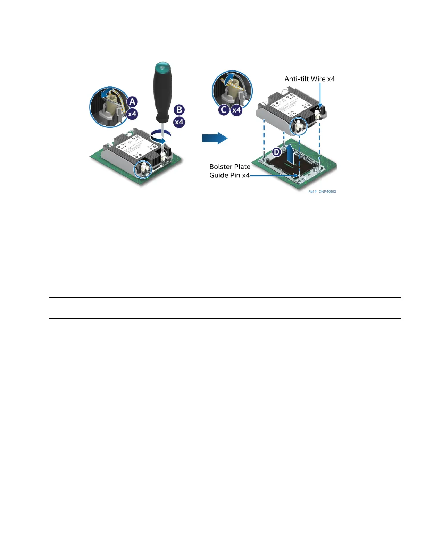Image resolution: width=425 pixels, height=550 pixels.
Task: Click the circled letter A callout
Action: tap(132, 102)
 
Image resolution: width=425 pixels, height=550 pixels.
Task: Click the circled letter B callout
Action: tap(179, 110)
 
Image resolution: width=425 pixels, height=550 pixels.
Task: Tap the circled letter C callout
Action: tap(224, 110)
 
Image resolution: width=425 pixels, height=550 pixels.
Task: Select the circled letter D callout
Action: tap(277, 152)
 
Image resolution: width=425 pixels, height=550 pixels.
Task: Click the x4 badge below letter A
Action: tap(132, 114)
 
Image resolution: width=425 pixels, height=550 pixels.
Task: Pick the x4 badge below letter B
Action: tap(179, 122)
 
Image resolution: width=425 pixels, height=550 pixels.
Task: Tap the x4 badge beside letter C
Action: tap(236, 110)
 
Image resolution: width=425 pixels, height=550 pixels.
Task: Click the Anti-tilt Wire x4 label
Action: tap(310, 79)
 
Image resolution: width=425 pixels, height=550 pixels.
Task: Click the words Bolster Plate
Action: tap(230, 167)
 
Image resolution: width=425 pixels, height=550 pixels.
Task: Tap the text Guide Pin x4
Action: tap(230, 175)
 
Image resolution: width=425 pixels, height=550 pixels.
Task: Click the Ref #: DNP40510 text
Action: tap(322, 192)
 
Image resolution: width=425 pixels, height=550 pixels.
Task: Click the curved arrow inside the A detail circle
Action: tap(106, 93)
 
